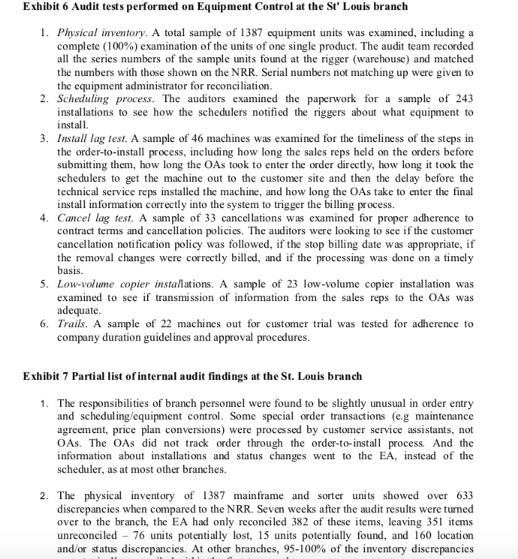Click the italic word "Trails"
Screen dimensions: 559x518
73,323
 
